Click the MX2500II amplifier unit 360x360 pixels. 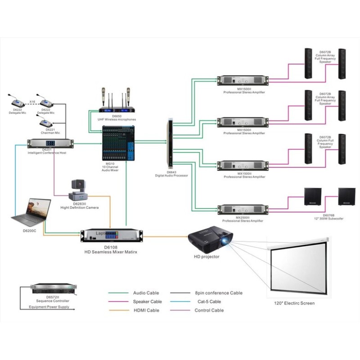tap(243, 209)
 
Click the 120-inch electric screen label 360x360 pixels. tap(294, 303)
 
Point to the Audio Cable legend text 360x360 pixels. tap(146, 293)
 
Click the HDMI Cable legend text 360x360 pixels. tap(146, 310)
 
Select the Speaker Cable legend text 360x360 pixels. tap(148, 301)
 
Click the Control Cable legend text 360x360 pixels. tap(209, 310)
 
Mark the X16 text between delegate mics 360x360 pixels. tap(33, 102)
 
